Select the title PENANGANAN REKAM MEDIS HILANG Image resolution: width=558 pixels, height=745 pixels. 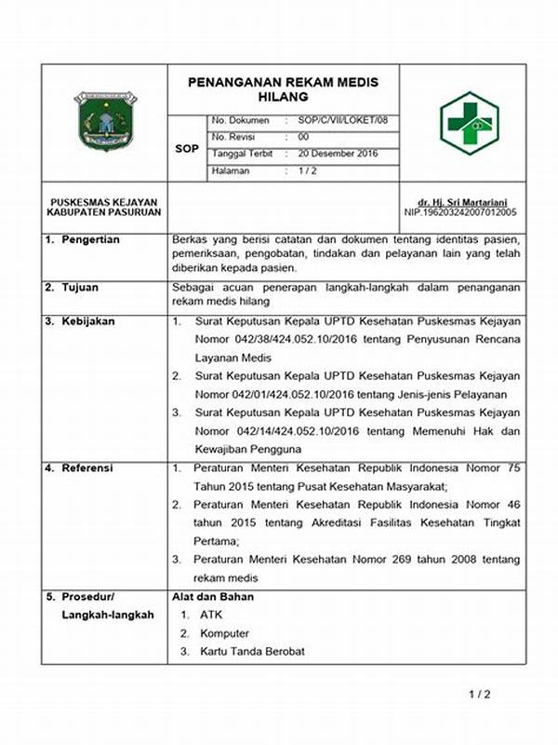tap(284, 88)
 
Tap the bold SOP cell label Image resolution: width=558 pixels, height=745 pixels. tap(186, 147)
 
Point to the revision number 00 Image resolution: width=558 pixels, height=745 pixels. tap(303, 137)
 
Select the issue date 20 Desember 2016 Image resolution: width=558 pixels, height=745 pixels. tap(338, 154)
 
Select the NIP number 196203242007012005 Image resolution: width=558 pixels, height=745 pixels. tap(460, 212)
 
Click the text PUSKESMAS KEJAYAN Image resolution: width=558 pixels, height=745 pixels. tap(103, 202)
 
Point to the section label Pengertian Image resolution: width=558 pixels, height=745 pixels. tap(90, 240)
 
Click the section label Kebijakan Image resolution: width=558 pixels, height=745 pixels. tap(88, 321)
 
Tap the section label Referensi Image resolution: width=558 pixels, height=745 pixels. tap(87, 467)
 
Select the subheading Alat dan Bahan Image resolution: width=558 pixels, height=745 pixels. tap(213, 596)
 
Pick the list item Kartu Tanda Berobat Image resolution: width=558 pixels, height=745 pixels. tap(252, 651)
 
